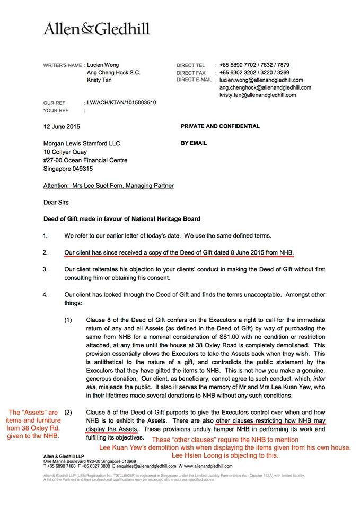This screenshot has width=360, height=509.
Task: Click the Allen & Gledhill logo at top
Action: [x=96, y=29]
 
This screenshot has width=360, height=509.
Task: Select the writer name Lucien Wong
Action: [x=104, y=65]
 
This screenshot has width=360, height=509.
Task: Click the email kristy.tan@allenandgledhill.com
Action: [x=265, y=94]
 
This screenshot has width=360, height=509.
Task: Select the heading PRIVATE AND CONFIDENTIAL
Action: [x=220, y=127]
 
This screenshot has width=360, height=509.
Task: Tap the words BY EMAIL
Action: [x=194, y=143]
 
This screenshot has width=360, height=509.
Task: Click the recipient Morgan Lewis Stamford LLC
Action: [x=82, y=144]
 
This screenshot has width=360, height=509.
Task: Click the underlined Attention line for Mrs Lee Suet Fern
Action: [x=108, y=186]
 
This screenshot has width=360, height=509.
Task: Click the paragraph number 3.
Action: [x=46, y=269]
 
